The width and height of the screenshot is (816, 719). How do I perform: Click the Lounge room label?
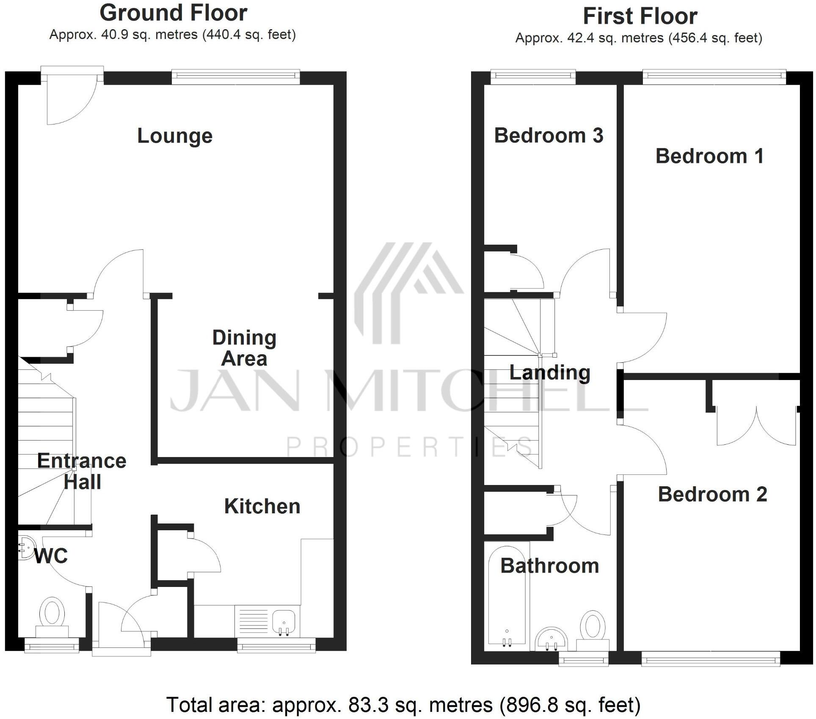[x=175, y=136]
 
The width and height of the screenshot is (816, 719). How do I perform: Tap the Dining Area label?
[x=244, y=348]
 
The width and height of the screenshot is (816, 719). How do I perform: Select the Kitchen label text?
[x=262, y=506]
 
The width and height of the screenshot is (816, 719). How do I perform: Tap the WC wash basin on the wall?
[x=25, y=548]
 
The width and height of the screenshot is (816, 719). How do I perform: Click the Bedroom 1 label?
[x=710, y=156]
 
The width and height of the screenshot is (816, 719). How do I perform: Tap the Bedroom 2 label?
[x=712, y=494]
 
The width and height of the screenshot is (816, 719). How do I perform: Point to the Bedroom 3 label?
[x=549, y=135]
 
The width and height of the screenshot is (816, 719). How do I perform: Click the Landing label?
[x=549, y=372]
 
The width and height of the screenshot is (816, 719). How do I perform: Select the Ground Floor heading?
[x=173, y=13]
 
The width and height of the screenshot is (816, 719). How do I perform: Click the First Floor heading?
[x=640, y=16]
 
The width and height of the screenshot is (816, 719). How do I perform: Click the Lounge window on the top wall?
[x=236, y=75]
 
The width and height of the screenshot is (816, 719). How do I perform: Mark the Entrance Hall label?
[x=82, y=471]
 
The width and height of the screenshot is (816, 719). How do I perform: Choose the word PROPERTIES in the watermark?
[x=410, y=447]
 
